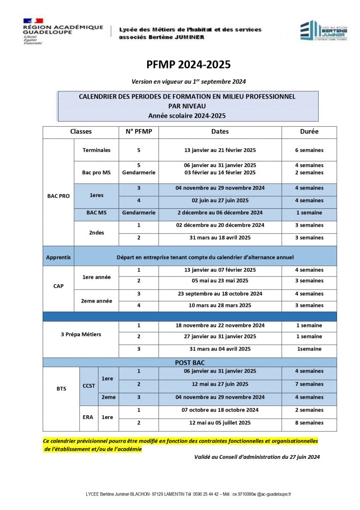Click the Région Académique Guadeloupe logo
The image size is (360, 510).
pyautogui.click(x=62, y=31)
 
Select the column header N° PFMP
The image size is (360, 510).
pyautogui.click(x=139, y=132)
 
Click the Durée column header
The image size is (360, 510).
pyautogui.click(x=309, y=132)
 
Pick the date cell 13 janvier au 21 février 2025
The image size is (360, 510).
pyautogui.click(x=220, y=150)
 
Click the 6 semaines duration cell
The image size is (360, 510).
pyautogui.click(x=309, y=150)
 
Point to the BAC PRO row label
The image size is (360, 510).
pyautogui.click(x=59, y=196)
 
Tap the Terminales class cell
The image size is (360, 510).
pyautogui.click(x=97, y=150)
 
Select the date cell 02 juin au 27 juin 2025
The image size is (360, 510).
pyautogui.click(x=220, y=200)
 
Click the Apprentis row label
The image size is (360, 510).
pyautogui.click(x=59, y=257)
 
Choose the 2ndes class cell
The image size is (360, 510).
pyautogui.click(x=97, y=232)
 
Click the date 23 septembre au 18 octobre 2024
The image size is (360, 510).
pyautogui.click(x=220, y=294)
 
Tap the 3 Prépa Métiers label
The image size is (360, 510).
pyautogui.click(x=81, y=335)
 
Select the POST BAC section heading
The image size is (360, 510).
pyautogui.click(x=190, y=363)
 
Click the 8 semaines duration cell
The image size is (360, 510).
pyautogui.click(x=309, y=423)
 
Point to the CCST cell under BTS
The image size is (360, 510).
pyautogui.click(x=89, y=386)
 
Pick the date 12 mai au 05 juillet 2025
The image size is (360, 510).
pyautogui.click(x=220, y=423)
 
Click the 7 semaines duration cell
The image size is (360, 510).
pyautogui.click(x=309, y=384)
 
